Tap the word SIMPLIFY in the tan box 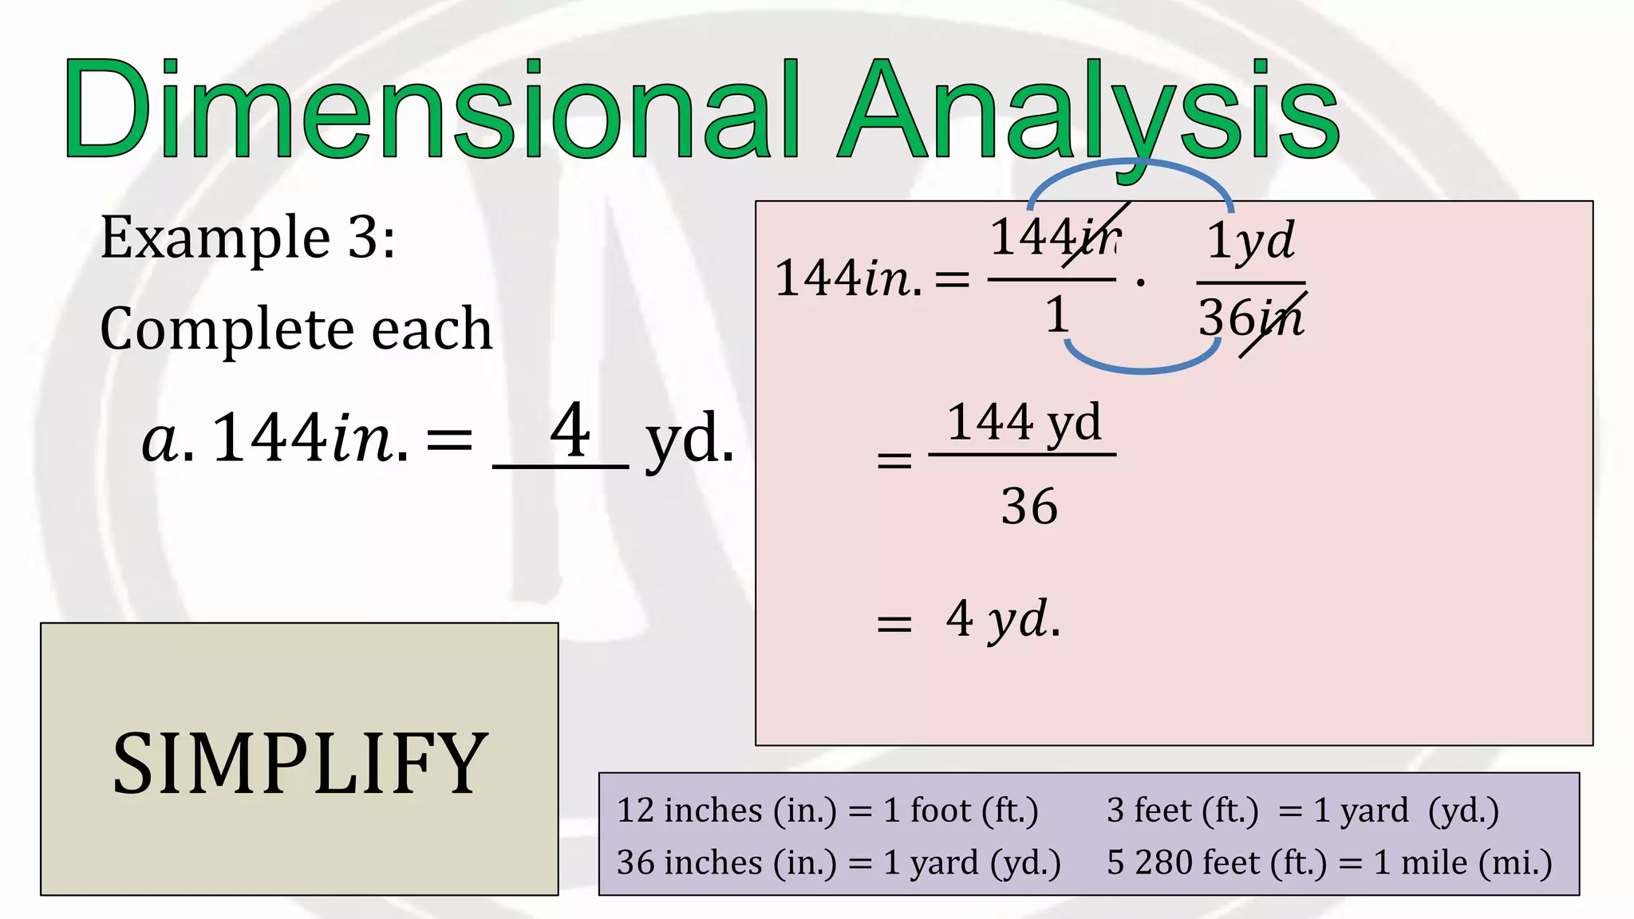299,764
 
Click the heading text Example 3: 247,238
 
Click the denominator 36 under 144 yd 1029,507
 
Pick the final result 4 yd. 1003,619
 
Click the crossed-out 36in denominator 1251,318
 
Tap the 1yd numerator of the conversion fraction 1250,240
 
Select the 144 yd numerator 1024,422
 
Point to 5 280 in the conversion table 1149,862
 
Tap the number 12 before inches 636,811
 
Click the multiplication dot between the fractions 1141,282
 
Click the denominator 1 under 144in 1056,314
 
